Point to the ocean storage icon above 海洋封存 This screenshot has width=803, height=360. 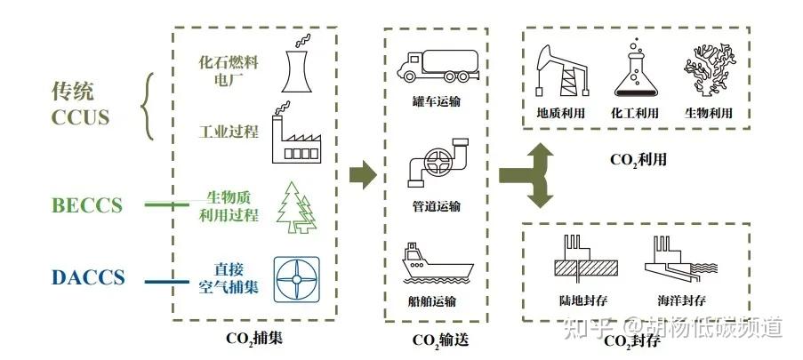[681, 259]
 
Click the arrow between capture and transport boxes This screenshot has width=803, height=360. [361, 174]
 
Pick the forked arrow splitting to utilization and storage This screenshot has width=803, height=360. [530, 174]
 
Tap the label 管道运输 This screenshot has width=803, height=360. [436, 206]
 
